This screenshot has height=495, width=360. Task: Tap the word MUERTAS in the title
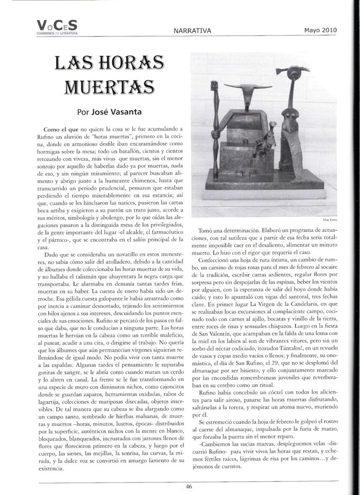[x=108, y=87]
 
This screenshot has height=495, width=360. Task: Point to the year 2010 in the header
[x=327, y=30]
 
